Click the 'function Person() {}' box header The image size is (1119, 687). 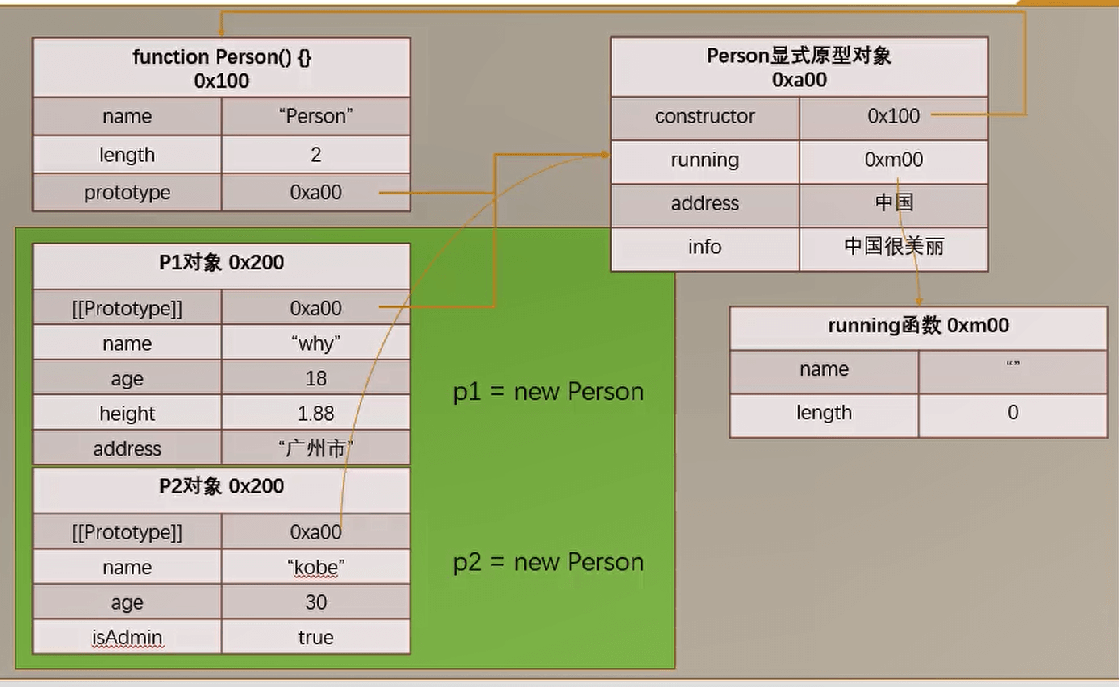point(221,68)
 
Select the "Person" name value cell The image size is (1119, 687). point(315,116)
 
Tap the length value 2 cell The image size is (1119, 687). point(315,154)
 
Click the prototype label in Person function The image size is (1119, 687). point(127,193)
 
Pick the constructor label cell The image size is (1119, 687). point(704,116)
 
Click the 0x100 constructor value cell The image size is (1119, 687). point(893,116)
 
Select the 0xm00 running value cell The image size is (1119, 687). point(893,160)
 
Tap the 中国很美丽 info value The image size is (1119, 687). point(893,247)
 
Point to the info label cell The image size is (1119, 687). point(704,247)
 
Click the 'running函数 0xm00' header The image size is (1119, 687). point(918,326)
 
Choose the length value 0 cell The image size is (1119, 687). point(1013,413)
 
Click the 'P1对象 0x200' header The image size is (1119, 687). point(221,263)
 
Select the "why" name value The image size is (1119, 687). point(315,343)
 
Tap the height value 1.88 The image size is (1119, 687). point(315,414)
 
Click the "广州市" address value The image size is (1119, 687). point(315,448)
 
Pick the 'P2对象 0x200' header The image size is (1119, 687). point(221,487)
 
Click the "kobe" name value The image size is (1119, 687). point(315,568)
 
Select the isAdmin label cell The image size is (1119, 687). point(127,638)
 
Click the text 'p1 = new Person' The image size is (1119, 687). point(548,392)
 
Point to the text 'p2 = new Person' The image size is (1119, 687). point(548,562)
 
